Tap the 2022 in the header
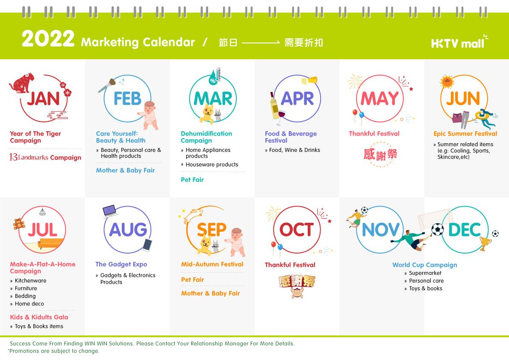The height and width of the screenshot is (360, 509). tap(48, 38)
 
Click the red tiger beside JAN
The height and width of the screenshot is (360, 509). tap(21, 83)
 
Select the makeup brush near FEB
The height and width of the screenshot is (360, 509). tap(107, 86)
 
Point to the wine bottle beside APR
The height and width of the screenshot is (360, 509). tap(274, 106)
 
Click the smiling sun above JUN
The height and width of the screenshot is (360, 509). tap(447, 82)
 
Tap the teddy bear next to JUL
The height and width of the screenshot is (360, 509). tap(18, 224)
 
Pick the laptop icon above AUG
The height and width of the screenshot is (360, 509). tap(110, 211)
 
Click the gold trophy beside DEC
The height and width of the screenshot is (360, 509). tap(485, 243)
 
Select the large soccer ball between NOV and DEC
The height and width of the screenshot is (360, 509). tap(437, 230)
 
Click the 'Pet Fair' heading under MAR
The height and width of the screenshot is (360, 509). tap(192, 180)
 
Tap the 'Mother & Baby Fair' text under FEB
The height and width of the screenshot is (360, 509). tap(125, 170)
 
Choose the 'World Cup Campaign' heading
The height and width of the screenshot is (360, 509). tap(425, 265)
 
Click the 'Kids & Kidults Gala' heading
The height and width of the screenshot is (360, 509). tap(39, 317)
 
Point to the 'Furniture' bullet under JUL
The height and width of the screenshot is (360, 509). tap(26, 288)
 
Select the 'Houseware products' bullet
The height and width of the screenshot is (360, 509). tap(212, 165)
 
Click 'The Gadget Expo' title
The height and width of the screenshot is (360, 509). tap(121, 264)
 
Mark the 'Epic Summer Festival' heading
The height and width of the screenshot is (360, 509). tap(465, 133)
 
